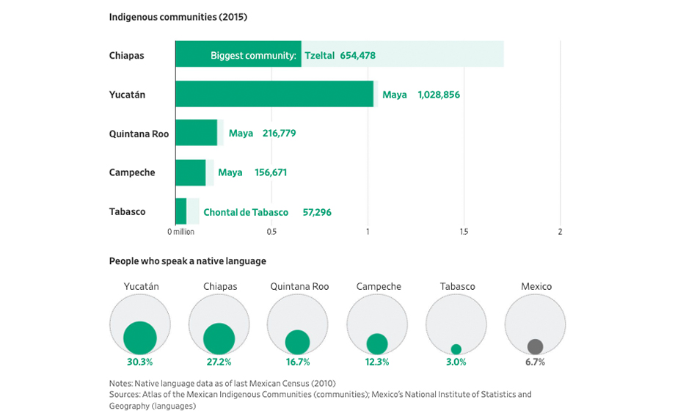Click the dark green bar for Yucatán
coord(274,94)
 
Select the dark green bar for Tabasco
coord(180,211)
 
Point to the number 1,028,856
coord(439,95)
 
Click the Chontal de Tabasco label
coord(246,212)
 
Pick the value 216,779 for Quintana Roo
coord(279,134)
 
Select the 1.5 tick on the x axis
coord(464,232)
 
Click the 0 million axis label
coord(180,232)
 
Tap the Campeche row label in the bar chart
coord(132,172)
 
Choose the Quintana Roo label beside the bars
coord(139,134)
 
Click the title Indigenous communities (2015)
coord(178,17)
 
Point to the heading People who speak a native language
coord(187,260)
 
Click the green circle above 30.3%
coord(140,338)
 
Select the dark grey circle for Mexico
coord(535,346)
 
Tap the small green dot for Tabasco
coord(456,349)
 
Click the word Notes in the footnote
coord(120,383)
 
